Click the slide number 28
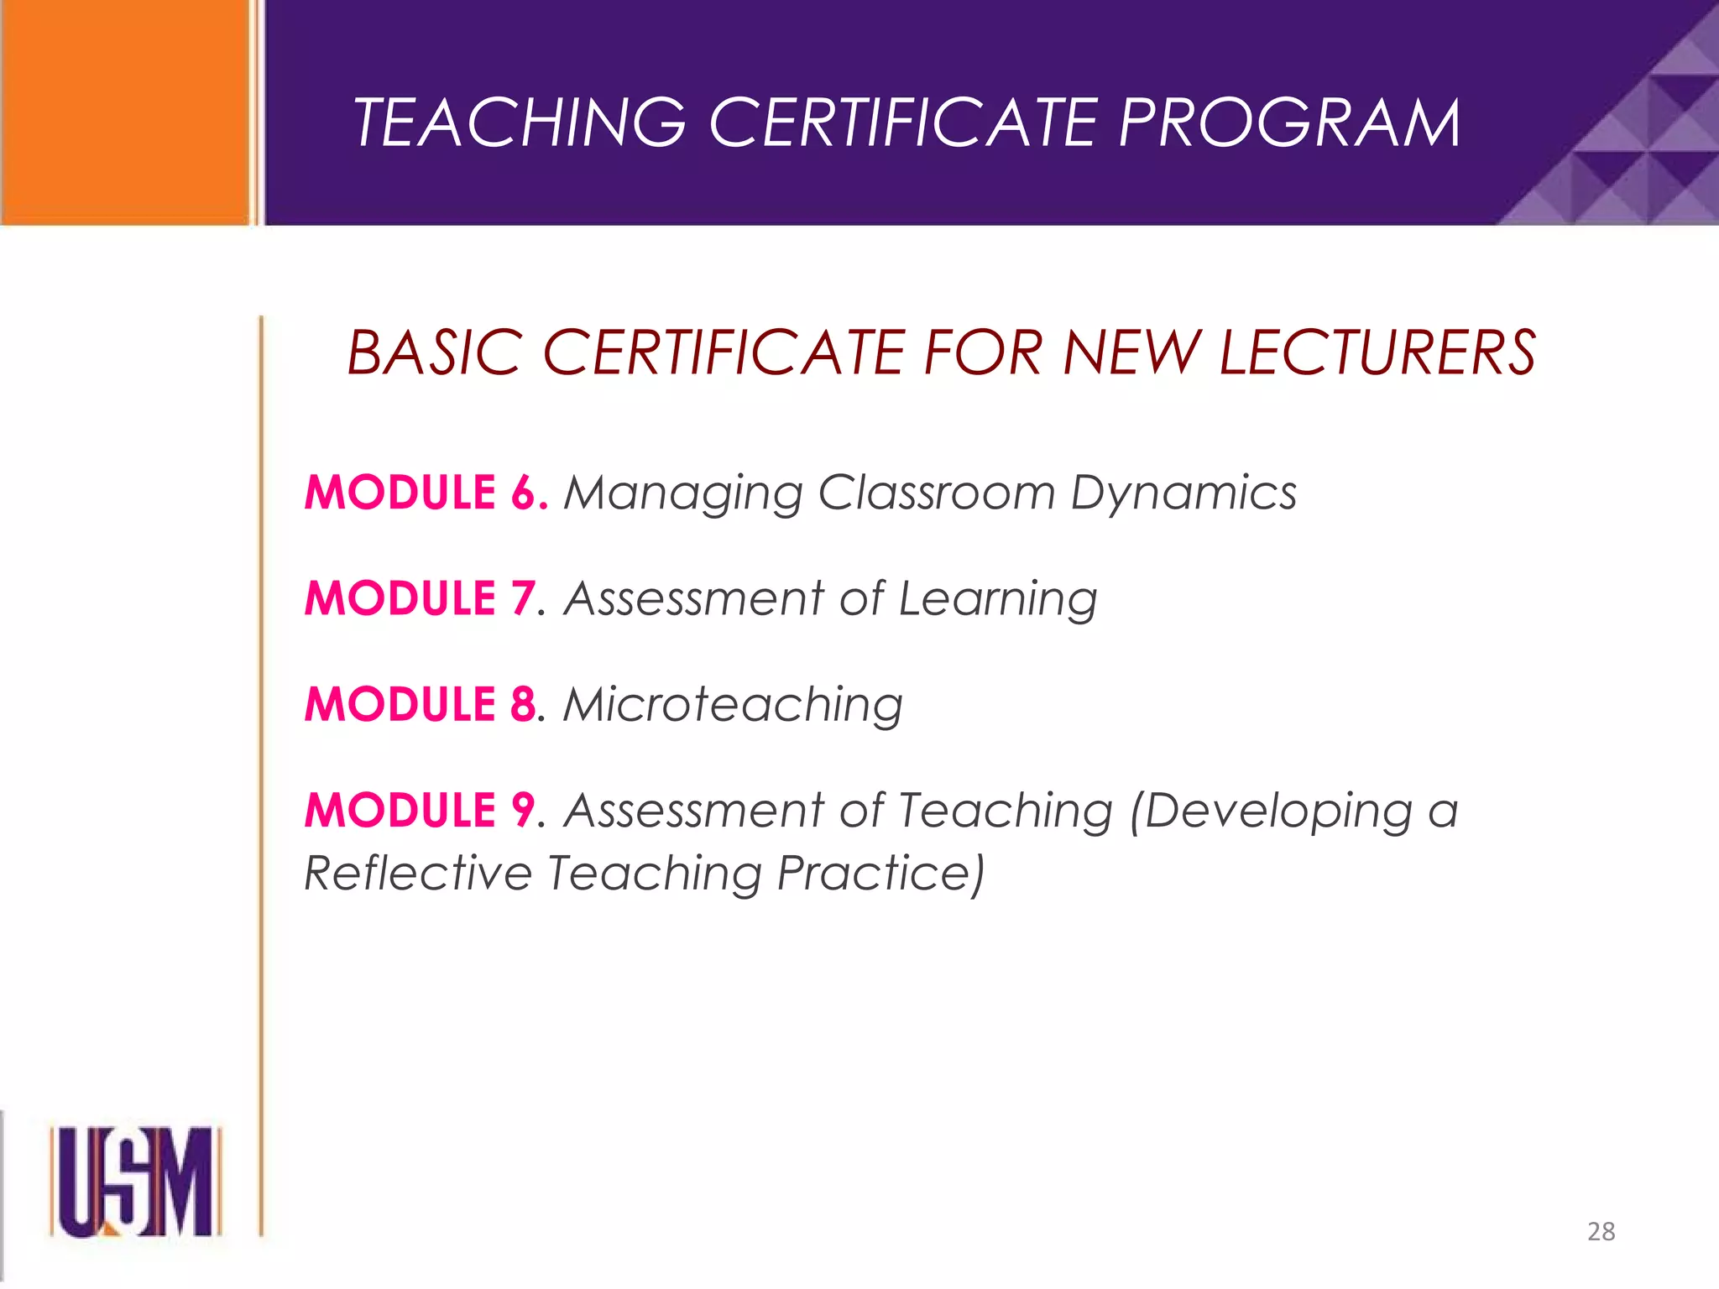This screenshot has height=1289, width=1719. point(1601,1231)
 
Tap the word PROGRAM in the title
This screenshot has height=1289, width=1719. point(1288,123)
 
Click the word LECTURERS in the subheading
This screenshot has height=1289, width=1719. point(1377,352)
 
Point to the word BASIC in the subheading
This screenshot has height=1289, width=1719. point(434,352)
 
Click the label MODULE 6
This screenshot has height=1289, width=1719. point(426,492)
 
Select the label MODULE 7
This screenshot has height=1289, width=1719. point(420,598)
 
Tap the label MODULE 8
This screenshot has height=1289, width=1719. point(420,704)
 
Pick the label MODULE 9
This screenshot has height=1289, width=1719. point(420,811)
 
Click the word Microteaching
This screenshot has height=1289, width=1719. point(733,705)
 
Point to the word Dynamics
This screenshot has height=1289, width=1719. point(1183,493)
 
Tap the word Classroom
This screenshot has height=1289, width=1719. point(936,492)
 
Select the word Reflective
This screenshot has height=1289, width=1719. point(417,873)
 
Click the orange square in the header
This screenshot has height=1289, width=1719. point(126,112)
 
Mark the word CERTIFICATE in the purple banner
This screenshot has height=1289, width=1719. point(902,123)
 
